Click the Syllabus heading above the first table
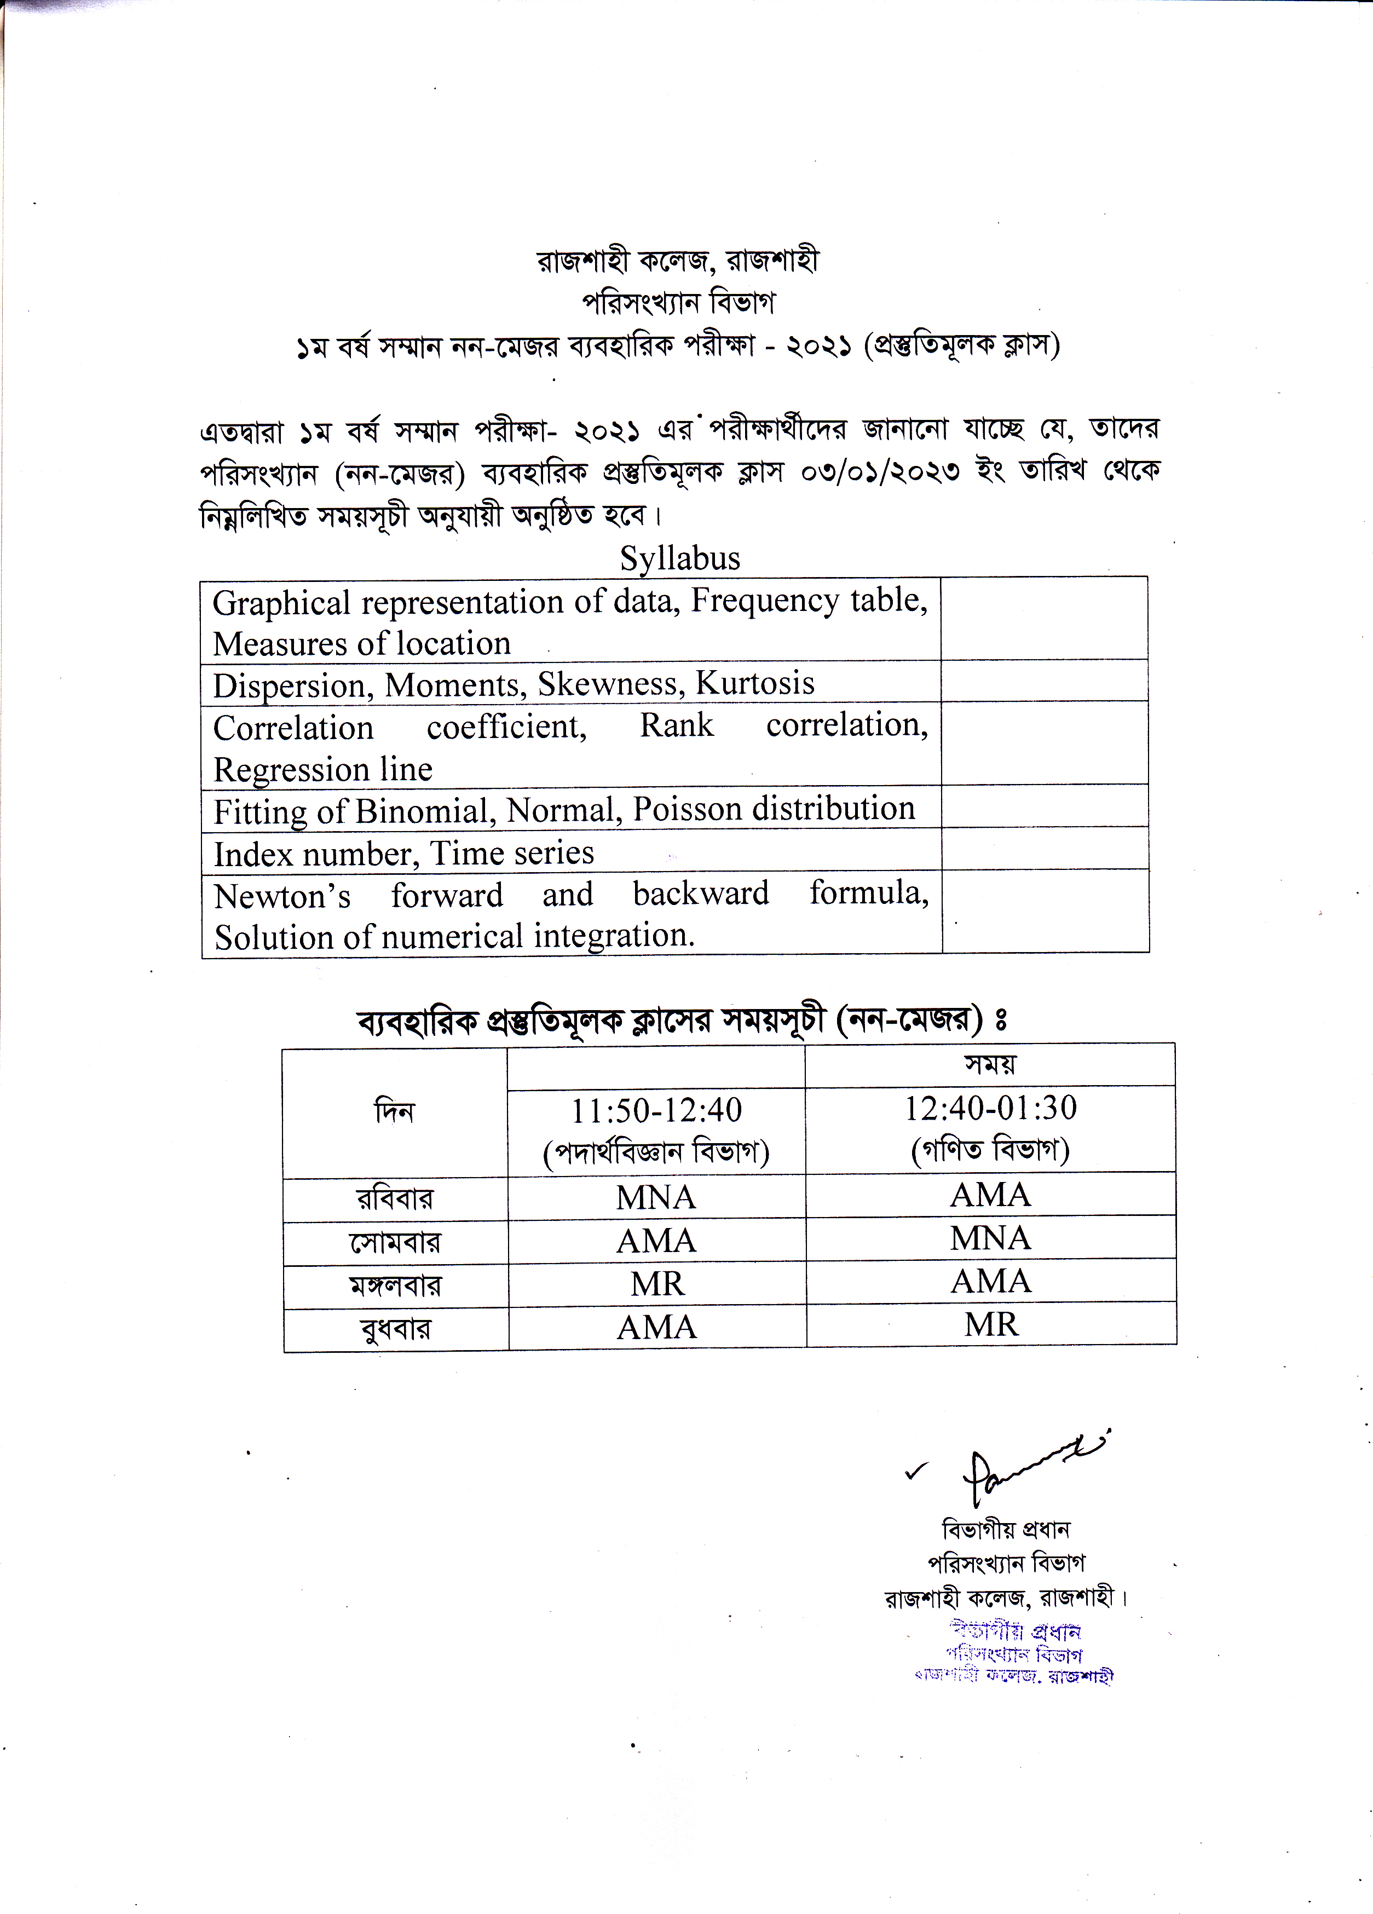pos(679,558)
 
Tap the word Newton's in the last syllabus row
pos(282,895)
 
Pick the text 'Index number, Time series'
pos(403,853)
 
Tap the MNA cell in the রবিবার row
pos(656,1197)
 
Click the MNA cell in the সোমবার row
pos(991,1238)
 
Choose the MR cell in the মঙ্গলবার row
pos(656,1284)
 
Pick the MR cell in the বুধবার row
pos(991,1324)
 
